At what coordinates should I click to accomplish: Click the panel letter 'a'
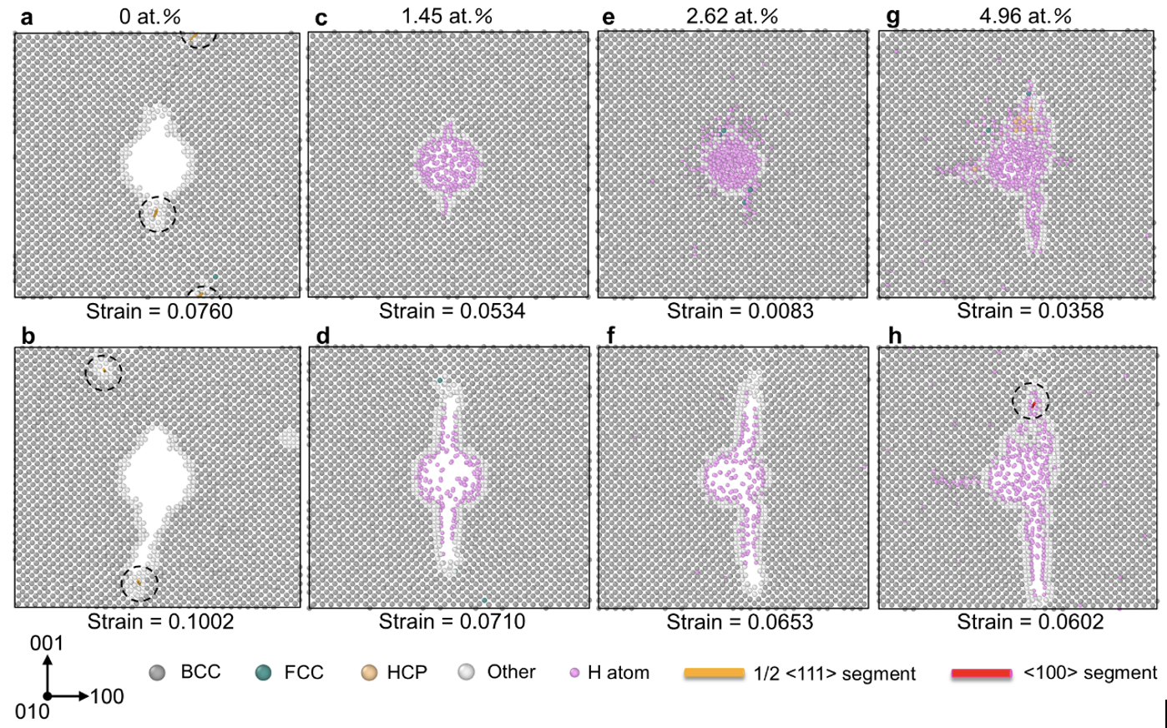[27, 17]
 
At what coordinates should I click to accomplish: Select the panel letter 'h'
[896, 336]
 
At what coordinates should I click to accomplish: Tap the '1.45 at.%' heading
[447, 16]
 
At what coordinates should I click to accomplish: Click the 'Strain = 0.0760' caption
[159, 311]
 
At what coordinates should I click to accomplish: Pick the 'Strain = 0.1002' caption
[160, 621]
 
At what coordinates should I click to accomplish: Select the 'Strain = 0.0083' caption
[740, 311]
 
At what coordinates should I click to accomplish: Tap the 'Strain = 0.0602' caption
[1030, 621]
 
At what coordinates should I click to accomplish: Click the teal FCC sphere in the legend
[264, 673]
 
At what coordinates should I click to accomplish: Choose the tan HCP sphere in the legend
[368, 673]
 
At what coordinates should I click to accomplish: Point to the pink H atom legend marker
[573, 673]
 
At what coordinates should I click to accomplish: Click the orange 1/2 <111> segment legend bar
[714, 673]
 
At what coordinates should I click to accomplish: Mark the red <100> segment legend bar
[982, 673]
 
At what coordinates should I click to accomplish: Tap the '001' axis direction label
[46, 644]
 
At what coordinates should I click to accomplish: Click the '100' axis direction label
[107, 696]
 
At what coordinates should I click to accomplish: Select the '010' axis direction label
[32, 712]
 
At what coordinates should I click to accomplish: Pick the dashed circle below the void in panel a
[157, 215]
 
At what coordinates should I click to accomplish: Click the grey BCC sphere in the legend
[156, 673]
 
